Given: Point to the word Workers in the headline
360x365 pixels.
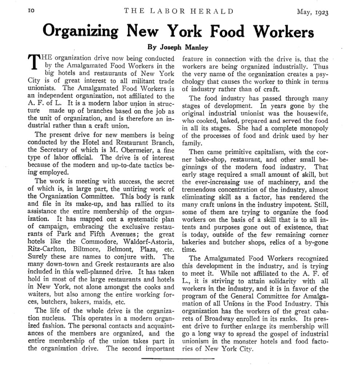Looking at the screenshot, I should pos(285,32).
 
